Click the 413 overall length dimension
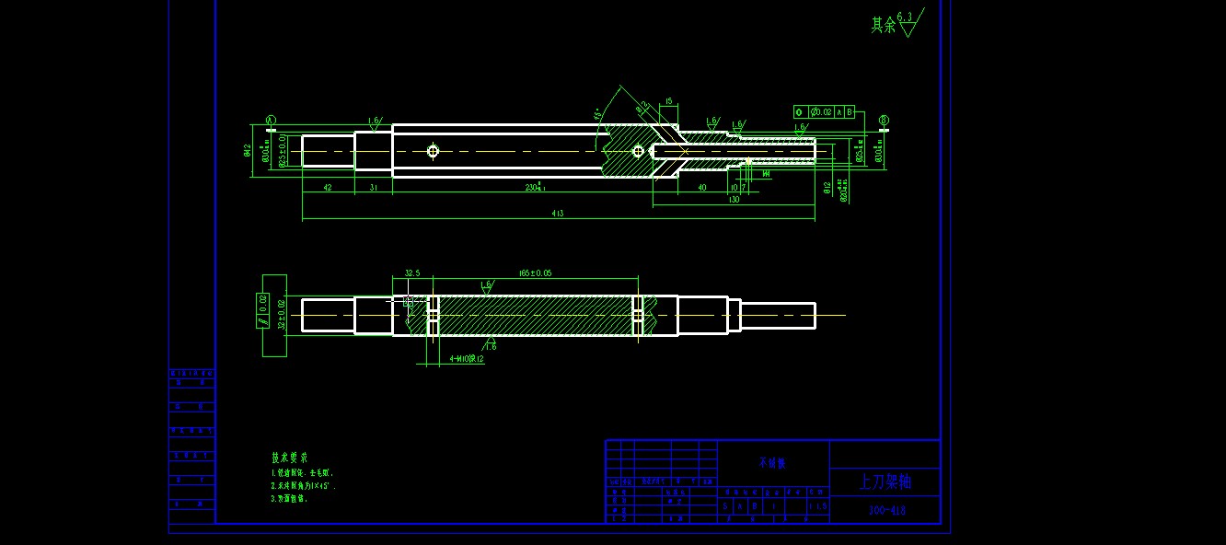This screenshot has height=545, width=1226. pos(558,214)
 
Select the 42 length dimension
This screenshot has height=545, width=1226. pos(328,188)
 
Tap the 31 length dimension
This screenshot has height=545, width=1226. pos(374,188)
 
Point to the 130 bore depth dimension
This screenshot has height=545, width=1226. pos(734,199)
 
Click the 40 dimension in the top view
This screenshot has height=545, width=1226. pos(702,188)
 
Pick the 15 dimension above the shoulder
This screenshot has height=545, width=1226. pos(668,102)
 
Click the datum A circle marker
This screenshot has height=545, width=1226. pos(271,120)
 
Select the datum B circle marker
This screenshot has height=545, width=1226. pos(884,120)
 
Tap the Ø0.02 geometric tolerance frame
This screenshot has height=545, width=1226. pos(825,112)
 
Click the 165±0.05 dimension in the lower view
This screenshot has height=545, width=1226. pos(536,273)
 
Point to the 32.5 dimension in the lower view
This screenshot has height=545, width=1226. pos(412,273)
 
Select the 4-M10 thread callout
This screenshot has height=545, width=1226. pos(467,359)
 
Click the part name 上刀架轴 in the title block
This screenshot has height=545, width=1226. pos(885,481)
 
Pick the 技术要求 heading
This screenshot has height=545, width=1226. pos(289,458)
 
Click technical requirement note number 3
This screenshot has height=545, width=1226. pos(289,498)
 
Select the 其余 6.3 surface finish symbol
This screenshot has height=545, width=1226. pos(895,24)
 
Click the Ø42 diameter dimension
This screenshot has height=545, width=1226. pos(248,151)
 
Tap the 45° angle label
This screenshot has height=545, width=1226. pos(598,115)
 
